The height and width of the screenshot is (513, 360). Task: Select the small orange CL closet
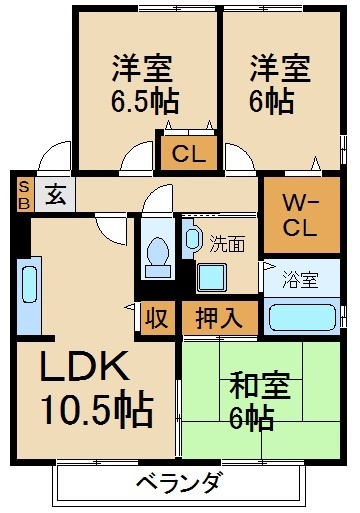(x=186, y=154)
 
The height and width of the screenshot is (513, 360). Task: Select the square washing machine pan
(x=212, y=276)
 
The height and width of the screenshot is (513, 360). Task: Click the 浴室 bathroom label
(x=300, y=281)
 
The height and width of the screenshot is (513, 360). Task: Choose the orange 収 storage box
(x=156, y=319)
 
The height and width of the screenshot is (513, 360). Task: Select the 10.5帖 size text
(x=96, y=408)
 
